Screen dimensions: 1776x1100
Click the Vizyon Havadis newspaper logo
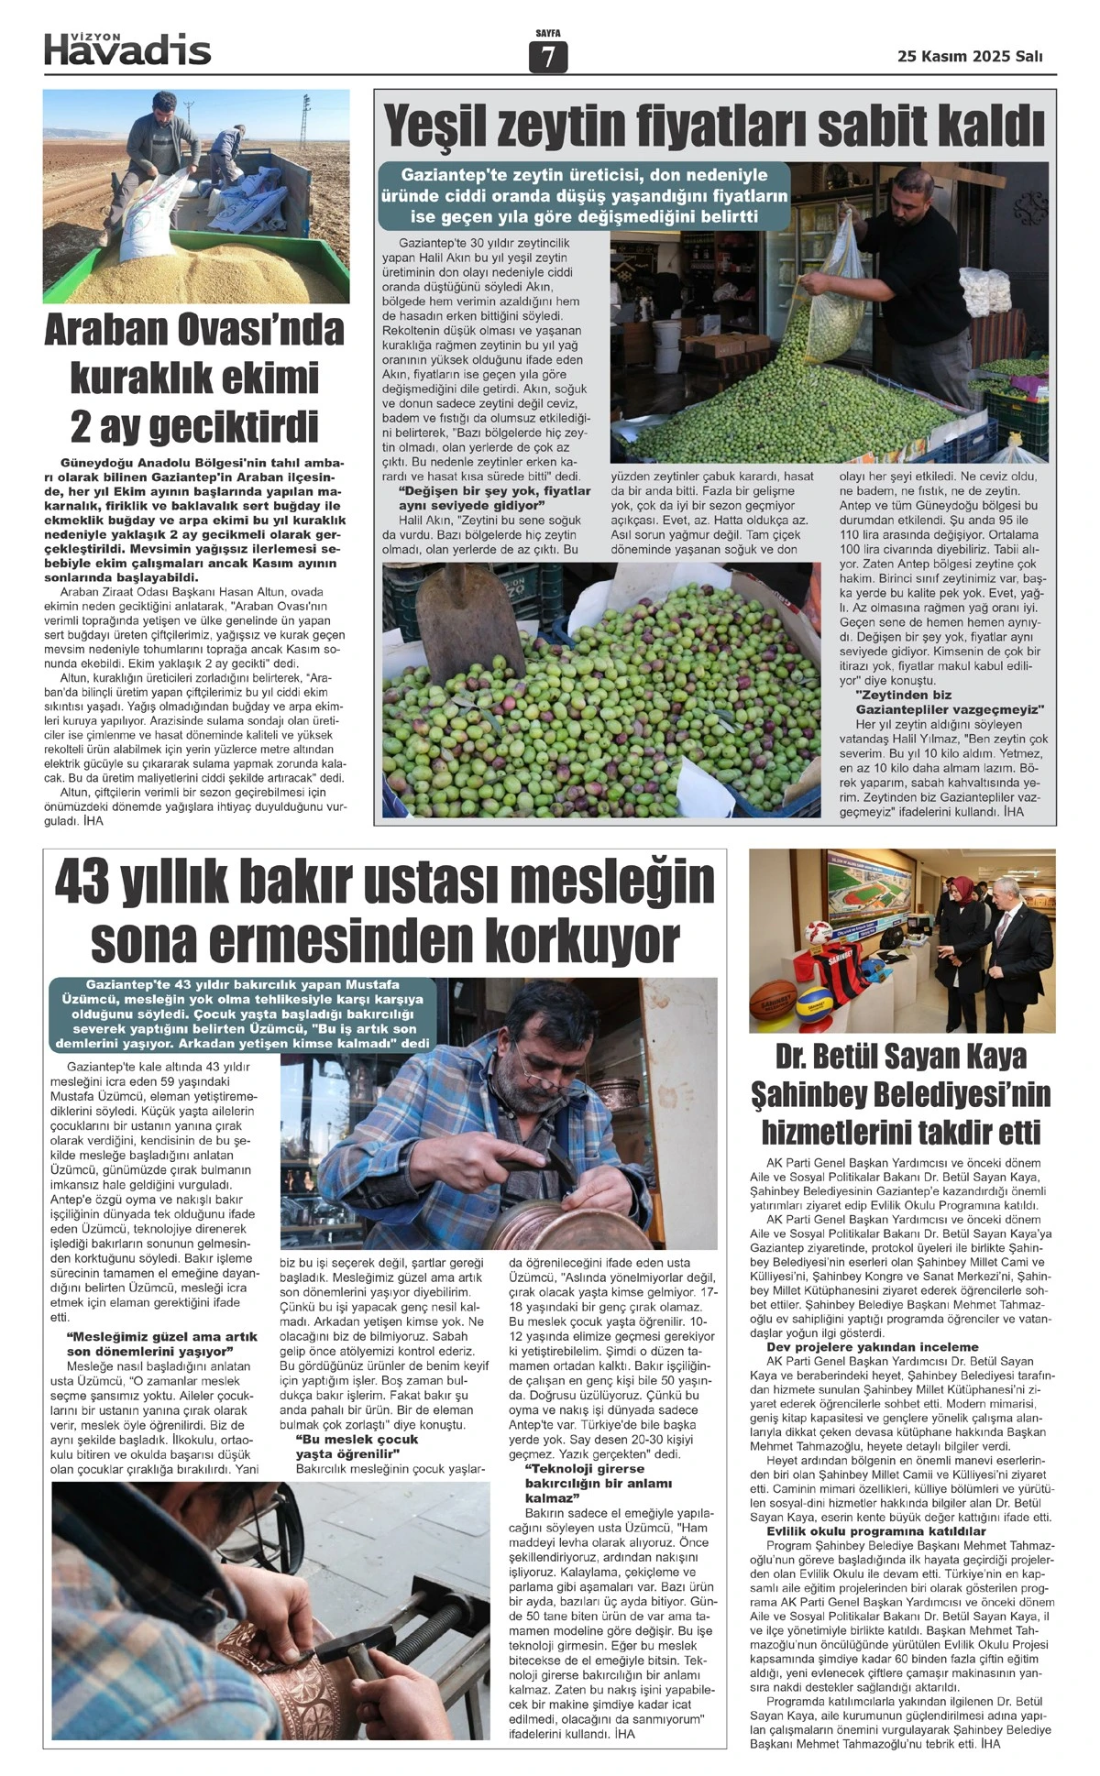pos(127,49)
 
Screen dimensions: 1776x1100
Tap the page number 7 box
pos(548,57)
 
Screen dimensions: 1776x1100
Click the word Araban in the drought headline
pos(107,329)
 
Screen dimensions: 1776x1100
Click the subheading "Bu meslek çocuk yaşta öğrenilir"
pos(355,1446)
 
